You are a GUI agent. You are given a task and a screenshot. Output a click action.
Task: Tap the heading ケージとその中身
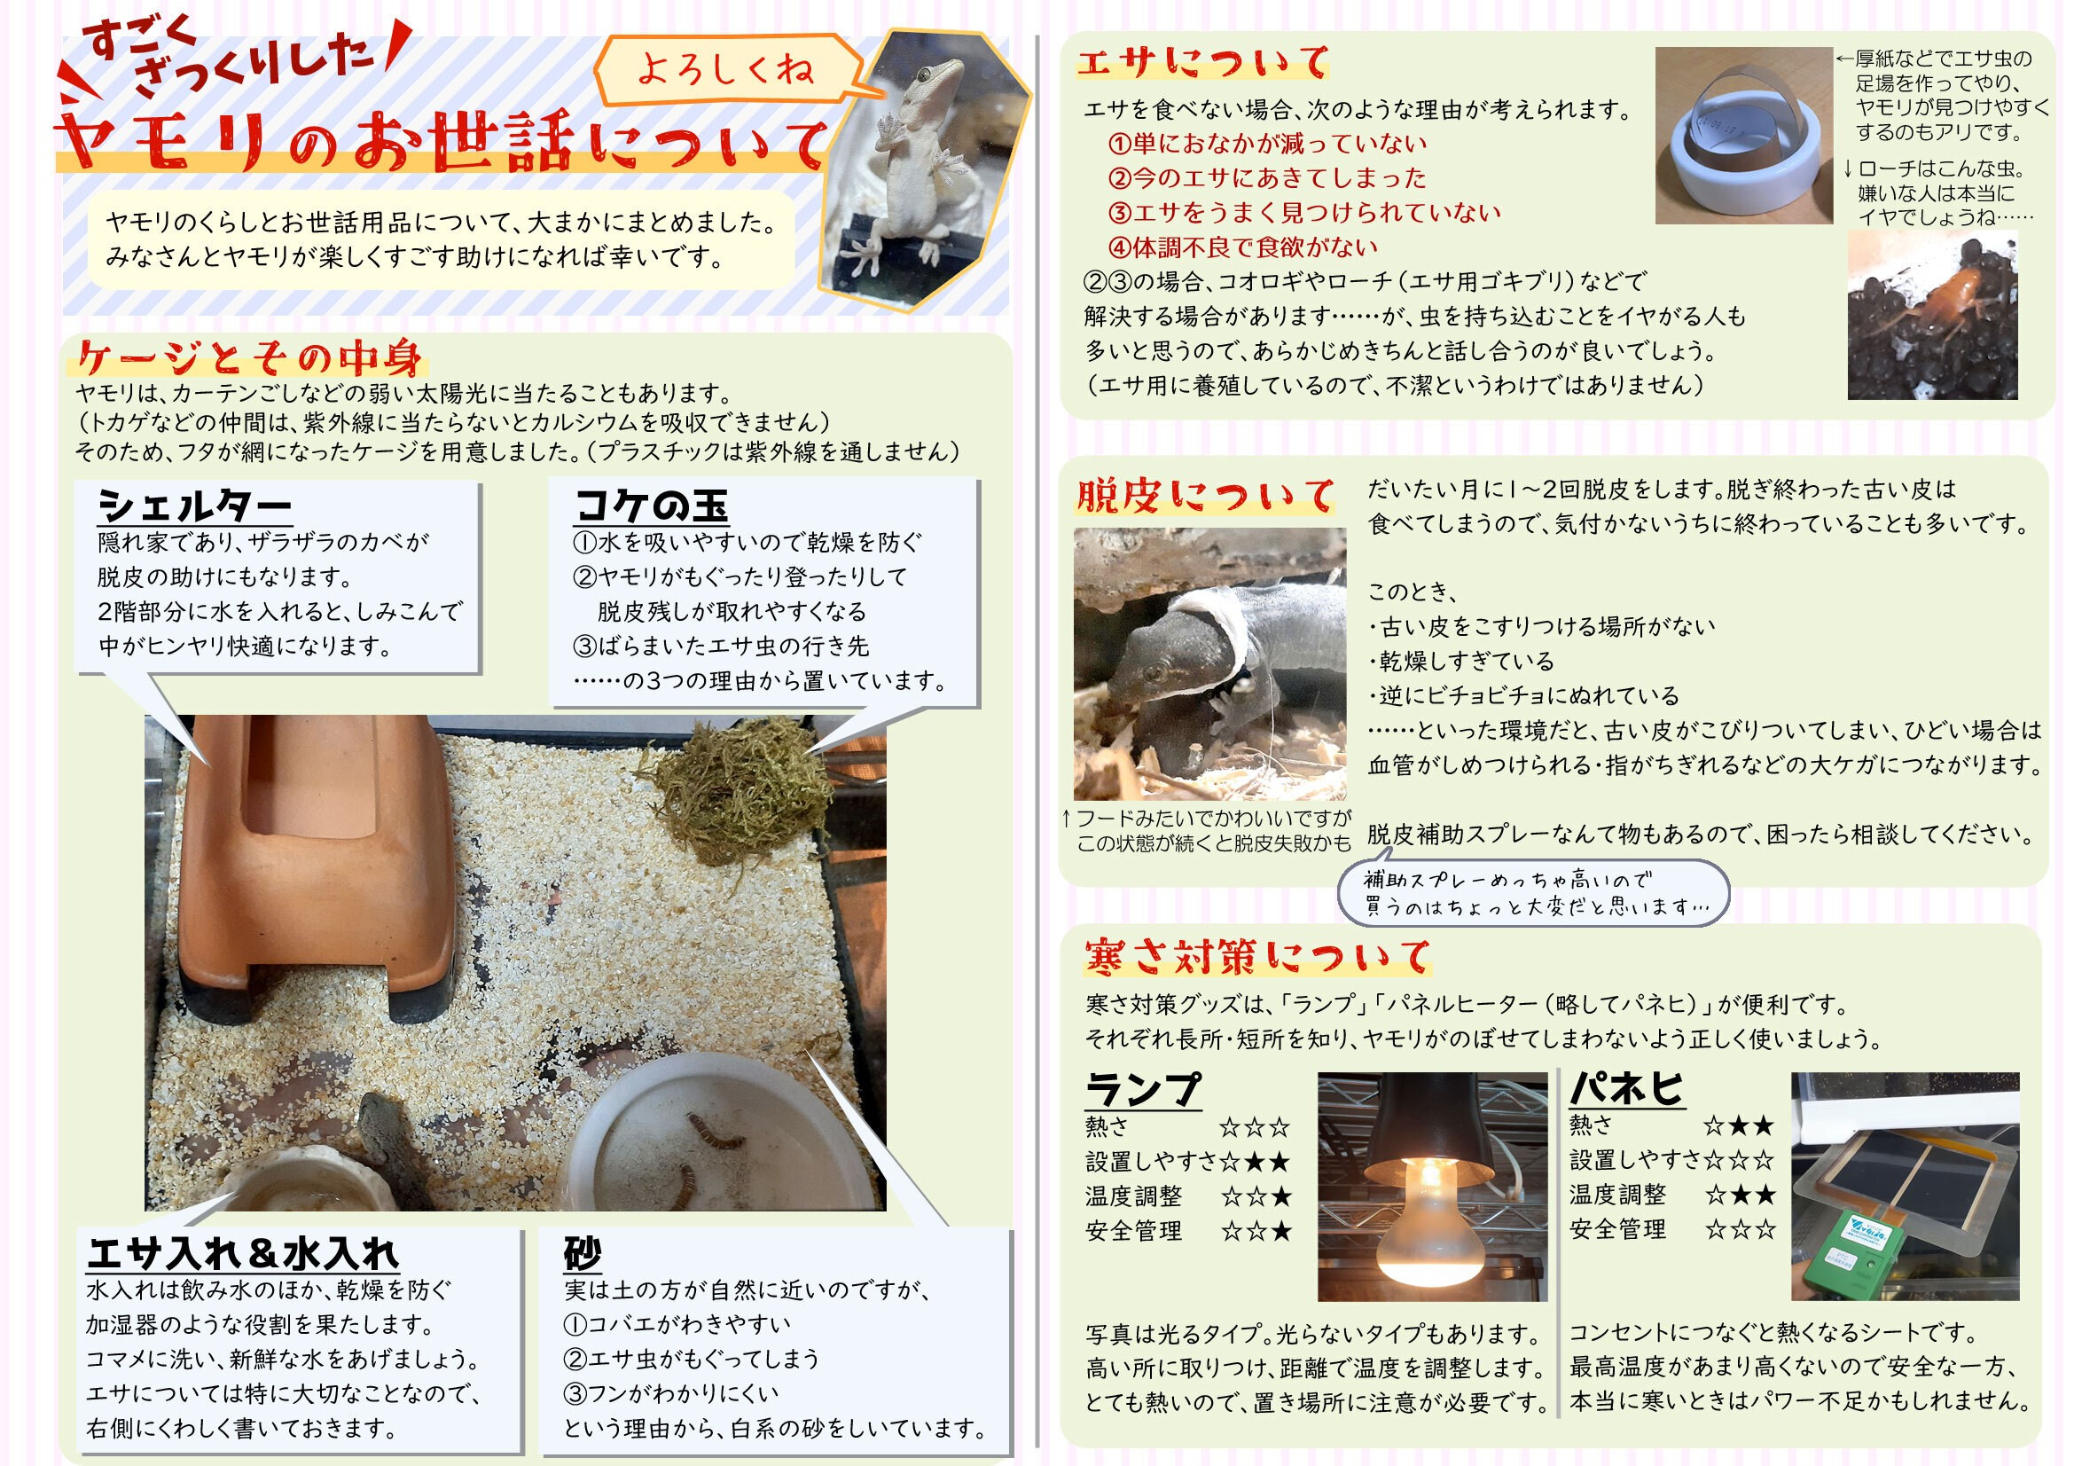(x=249, y=358)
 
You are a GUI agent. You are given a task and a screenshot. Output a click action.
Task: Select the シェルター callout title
(x=194, y=506)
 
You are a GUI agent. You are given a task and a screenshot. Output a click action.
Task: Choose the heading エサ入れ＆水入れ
(x=243, y=1254)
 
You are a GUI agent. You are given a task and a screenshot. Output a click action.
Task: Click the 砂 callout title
(x=583, y=1254)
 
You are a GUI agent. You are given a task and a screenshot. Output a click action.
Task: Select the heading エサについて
(x=1202, y=62)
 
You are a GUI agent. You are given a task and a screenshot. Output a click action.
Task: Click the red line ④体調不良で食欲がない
(x=1243, y=247)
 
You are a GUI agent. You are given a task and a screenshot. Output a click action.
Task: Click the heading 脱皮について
(x=1204, y=496)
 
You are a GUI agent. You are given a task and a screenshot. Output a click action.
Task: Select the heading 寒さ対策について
(x=1257, y=957)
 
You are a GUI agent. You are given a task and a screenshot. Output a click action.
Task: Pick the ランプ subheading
(x=1144, y=1089)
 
